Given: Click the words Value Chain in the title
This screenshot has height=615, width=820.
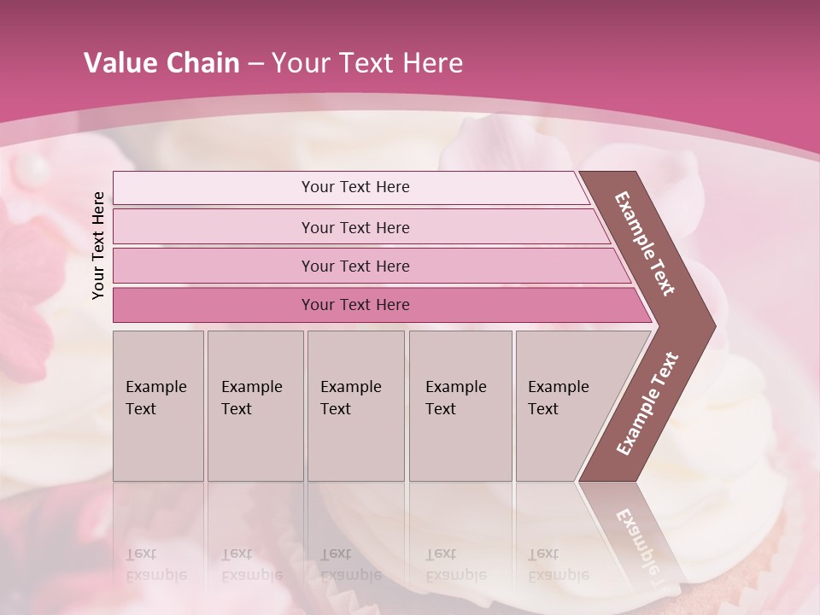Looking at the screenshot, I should pos(161,63).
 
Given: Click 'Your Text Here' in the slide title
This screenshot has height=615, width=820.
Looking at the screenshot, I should pos(367,63).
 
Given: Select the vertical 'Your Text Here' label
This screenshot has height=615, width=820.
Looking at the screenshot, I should pos(98,245).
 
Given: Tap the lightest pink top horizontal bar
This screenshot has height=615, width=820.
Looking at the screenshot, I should pos(355,187).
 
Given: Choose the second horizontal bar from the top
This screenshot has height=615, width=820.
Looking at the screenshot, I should pos(355,227).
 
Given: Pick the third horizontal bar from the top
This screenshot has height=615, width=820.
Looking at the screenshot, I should pos(355,266).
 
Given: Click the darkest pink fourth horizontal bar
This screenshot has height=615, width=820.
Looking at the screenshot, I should pos(355,305).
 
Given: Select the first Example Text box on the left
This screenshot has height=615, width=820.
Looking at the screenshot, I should pos(158,405).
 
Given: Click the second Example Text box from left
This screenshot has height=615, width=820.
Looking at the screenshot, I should pos(255,405).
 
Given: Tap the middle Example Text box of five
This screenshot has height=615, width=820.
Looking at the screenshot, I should pos(355,405).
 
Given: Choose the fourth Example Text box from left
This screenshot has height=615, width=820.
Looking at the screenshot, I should pos(460,405).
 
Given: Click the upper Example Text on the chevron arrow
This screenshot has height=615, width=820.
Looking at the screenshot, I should pos(646,244).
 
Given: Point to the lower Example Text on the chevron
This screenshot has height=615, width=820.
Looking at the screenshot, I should pos(647,403).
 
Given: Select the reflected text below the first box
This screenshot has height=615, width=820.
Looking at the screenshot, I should pos(156,565).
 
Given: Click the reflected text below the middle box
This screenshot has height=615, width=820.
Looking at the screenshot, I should pos(350,565).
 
